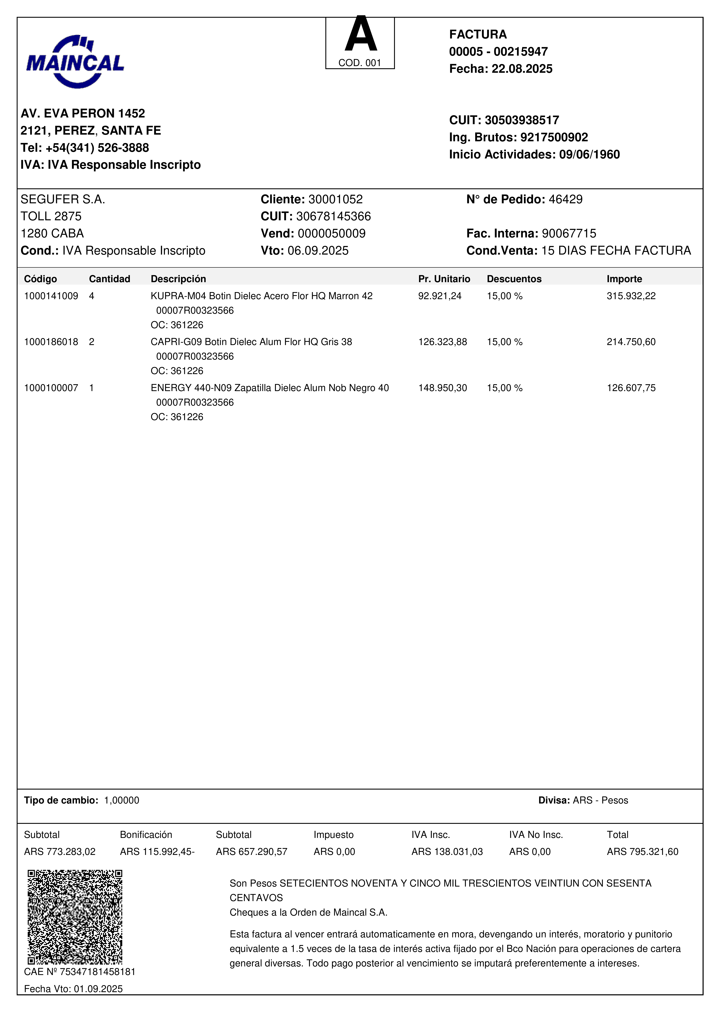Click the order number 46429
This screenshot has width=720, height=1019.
[566, 199]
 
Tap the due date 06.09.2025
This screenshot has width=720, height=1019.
[318, 251]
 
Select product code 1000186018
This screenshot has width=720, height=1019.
[51, 342]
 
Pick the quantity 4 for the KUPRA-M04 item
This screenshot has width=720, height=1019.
[92, 296]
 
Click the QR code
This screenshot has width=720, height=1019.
[75, 917]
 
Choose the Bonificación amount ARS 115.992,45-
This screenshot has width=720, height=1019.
[157, 852]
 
